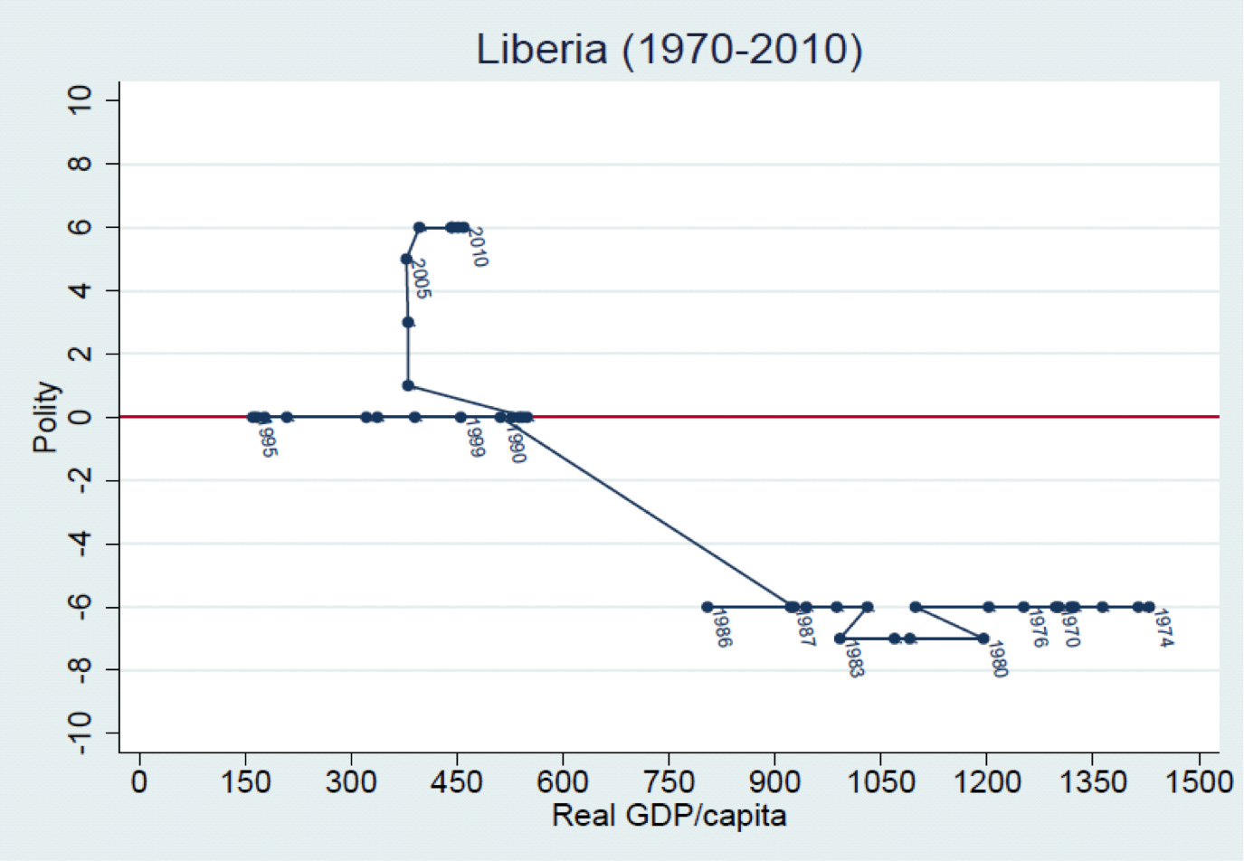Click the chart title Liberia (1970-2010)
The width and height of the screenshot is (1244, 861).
click(669, 49)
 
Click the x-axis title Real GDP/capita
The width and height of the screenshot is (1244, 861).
click(669, 816)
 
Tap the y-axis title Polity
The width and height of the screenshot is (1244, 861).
click(46, 417)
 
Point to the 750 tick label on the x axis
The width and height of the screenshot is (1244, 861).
click(669, 781)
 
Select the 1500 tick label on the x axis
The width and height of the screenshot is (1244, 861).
click(1199, 781)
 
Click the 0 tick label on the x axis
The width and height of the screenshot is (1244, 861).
click(139, 781)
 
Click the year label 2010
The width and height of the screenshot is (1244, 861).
click(478, 248)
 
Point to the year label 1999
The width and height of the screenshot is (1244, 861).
click(474, 439)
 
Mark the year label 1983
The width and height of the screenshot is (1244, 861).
click(853, 659)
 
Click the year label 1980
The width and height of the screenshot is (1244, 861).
click(997, 659)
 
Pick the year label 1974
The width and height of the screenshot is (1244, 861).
click(1163, 629)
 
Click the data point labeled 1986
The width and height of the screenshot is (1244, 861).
click(707, 607)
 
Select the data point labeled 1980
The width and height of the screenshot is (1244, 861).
click(983, 639)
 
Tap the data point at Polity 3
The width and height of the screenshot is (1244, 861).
click(408, 322)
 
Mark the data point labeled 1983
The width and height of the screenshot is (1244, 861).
click(840, 639)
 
